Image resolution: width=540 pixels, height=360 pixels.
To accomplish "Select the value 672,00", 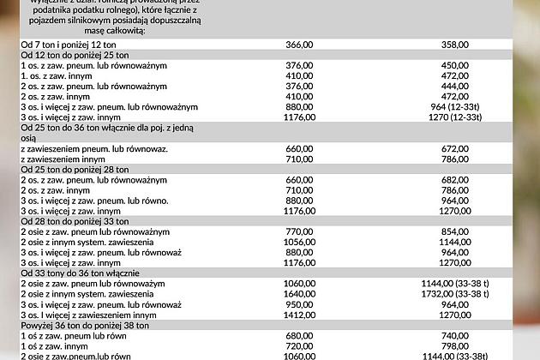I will [x=454, y=148].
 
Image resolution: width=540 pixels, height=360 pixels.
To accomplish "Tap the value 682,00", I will [x=454, y=180].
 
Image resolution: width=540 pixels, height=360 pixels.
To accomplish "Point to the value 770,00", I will [x=299, y=231].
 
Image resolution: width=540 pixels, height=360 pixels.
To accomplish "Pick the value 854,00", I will [x=454, y=231].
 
